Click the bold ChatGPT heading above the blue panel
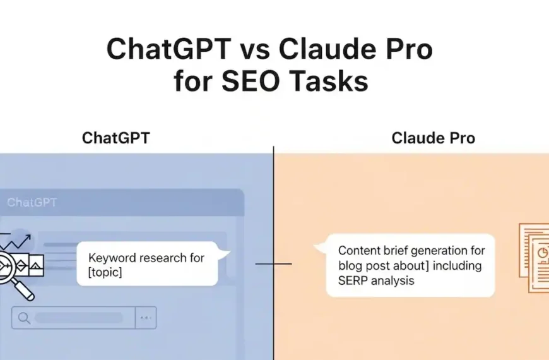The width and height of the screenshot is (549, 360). click(x=116, y=138)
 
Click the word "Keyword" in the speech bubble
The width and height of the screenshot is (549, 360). click(x=111, y=258)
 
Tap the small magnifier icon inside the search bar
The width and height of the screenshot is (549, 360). click(x=25, y=318)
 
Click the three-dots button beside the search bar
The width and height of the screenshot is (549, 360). click(x=146, y=318)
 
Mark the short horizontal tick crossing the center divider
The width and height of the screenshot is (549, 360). click(x=273, y=264)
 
